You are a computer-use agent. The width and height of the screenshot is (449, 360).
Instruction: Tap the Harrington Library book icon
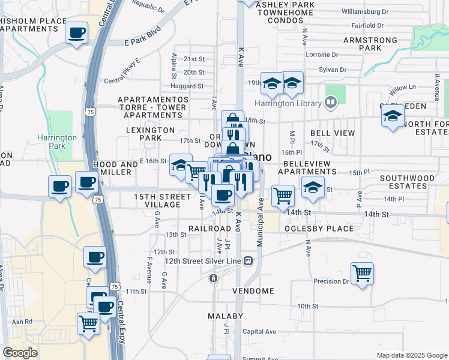tap(330, 103)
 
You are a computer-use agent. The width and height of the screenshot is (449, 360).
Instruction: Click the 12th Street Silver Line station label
tap(203, 261)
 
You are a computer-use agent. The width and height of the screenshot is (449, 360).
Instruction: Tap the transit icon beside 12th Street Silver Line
tap(248, 261)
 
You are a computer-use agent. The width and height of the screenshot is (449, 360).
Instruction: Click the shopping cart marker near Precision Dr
tap(362, 274)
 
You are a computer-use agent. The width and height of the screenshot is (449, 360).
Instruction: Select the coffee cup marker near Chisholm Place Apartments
tap(76, 33)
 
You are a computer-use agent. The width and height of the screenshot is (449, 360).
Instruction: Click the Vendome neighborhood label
tap(253, 291)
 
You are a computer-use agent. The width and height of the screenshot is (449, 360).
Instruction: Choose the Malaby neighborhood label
tap(225, 316)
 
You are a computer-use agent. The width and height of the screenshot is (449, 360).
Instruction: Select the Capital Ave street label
tap(259, 331)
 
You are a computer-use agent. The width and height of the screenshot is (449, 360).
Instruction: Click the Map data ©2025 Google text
tap(411, 355)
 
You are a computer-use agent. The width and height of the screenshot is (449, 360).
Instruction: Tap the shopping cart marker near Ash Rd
tap(88, 323)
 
